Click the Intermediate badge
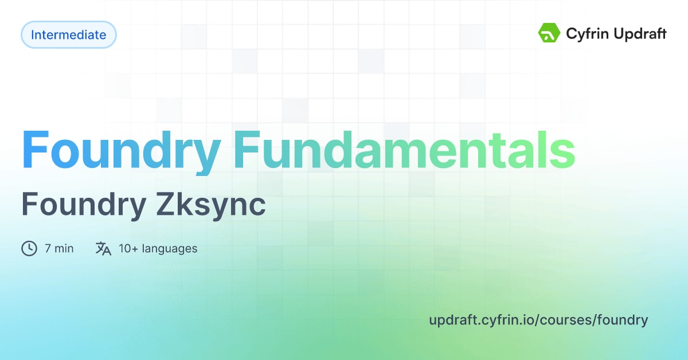pos(68,35)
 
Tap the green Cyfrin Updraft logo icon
pos(549,33)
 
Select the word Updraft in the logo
pos(639,34)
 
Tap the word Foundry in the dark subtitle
pos(84,205)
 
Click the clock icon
pos(29,248)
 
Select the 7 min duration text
pos(59,248)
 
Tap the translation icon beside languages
pos(103,248)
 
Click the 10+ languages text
pos(158,248)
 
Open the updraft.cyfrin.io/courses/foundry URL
pos(538,320)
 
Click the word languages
pos(170,248)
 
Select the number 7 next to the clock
pos(48,248)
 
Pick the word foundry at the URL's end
pos(624,320)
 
